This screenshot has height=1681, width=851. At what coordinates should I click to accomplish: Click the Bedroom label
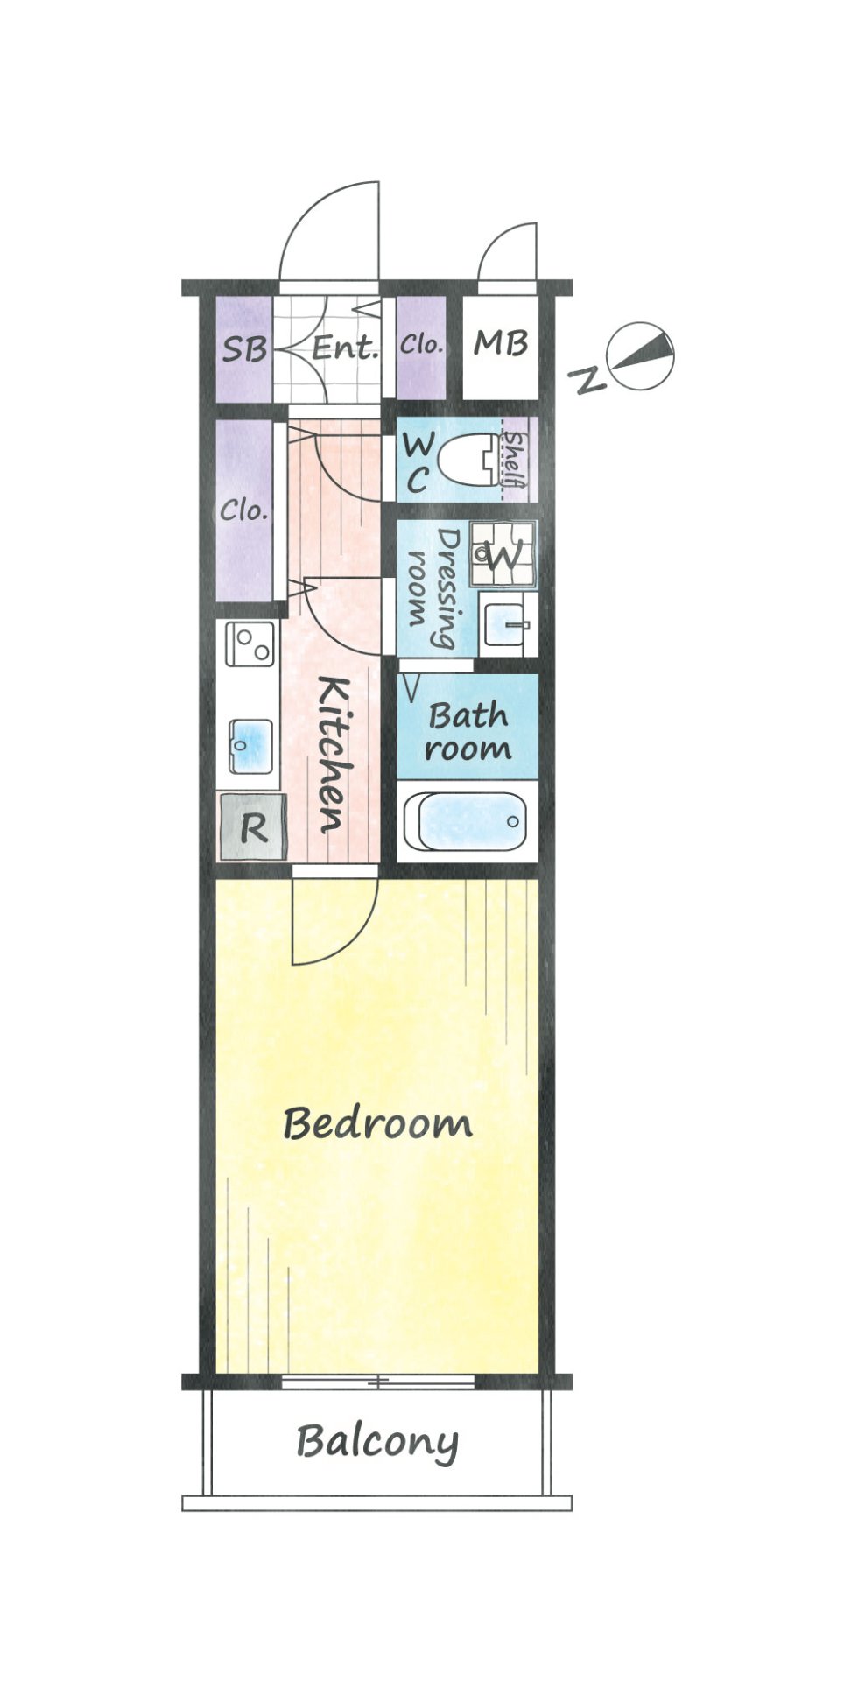pyautogui.click(x=377, y=1123)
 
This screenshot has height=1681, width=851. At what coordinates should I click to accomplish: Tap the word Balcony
pyautogui.click(x=377, y=1442)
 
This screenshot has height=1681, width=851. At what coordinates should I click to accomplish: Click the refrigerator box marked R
pyautogui.click(x=252, y=826)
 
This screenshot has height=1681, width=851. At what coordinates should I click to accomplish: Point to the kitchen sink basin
pyautogui.click(x=251, y=746)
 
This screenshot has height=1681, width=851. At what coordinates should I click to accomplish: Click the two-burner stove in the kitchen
pyautogui.click(x=250, y=644)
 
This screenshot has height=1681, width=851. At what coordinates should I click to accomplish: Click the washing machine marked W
pyautogui.click(x=502, y=554)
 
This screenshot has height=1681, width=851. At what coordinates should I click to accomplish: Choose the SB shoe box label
pyautogui.click(x=243, y=349)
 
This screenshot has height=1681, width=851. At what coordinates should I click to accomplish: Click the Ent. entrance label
pyautogui.click(x=346, y=348)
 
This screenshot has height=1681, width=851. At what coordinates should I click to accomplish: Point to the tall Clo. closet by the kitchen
pyautogui.click(x=244, y=511)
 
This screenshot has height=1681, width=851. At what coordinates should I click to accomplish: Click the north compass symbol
pyautogui.click(x=643, y=357)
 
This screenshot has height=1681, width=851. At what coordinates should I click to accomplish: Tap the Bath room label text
pyautogui.click(x=468, y=732)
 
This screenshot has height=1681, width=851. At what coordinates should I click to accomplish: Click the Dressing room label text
pyautogui.click(x=435, y=587)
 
